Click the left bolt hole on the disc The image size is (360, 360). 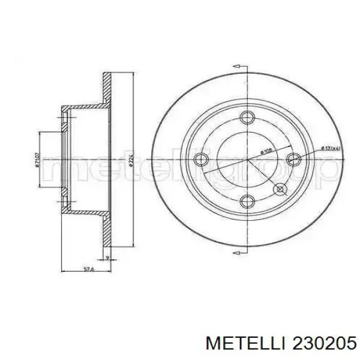pyautogui.click(x=202, y=160)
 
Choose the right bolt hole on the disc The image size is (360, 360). pyautogui.click(x=293, y=158)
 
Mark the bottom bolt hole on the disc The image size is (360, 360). pyautogui.click(x=248, y=202)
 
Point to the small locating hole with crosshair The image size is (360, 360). pyautogui.click(x=280, y=190)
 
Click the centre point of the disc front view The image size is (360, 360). pyautogui.click(x=248, y=160)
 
